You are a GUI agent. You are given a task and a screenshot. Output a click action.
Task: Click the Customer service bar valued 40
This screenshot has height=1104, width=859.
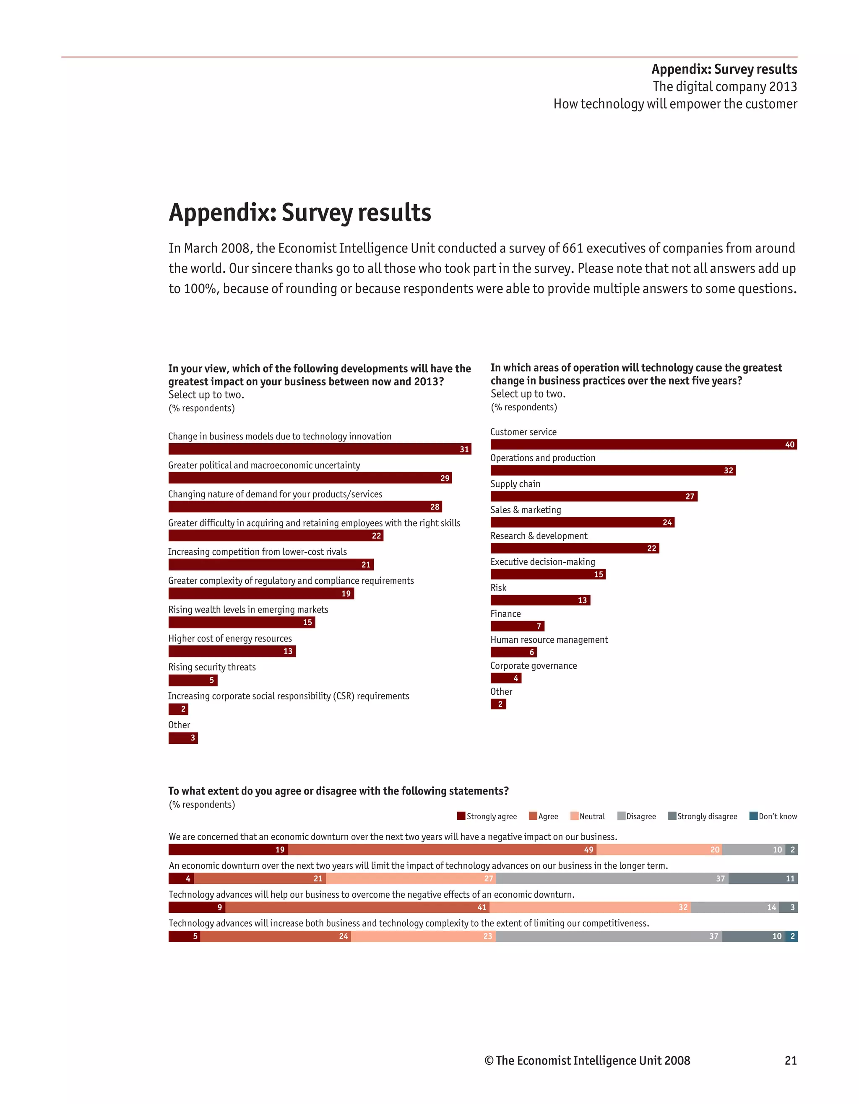coord(643,444)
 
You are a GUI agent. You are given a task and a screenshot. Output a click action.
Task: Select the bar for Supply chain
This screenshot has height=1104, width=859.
coord(593,496)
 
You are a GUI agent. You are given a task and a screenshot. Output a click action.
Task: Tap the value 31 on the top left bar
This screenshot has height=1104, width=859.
coord(464,449)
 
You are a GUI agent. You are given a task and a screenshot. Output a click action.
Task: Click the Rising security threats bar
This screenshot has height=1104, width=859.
coord(193,681)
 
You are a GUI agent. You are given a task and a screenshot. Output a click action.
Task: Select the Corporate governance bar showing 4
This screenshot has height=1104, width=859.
coord(505,678)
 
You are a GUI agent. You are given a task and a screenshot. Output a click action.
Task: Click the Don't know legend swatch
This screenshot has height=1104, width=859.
coord(753,816)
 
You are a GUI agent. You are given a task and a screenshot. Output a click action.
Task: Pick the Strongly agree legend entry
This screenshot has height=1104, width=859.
coord(487,816)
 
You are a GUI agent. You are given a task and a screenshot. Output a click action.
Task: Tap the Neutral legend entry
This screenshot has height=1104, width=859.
coord(588,816)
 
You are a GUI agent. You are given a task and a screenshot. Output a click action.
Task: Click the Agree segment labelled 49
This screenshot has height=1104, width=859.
coord(442,850)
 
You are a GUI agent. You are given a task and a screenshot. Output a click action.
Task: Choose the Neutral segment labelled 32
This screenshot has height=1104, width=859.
coord(590,907)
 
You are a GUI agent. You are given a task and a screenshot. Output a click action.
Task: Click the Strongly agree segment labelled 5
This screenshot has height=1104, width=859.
coord(184,936)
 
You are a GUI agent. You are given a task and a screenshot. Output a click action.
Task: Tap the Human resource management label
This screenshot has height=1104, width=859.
coord(549,639)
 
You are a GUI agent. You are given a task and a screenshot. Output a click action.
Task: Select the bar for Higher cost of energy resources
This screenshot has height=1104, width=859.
coord(232,652)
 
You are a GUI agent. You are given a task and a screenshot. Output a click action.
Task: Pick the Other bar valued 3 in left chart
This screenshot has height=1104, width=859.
coord(183,738)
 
